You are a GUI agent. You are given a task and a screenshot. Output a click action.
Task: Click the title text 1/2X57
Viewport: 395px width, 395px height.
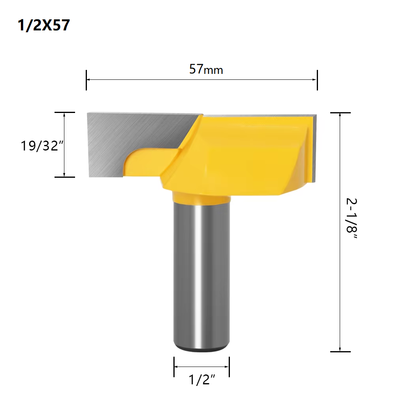point(44,25)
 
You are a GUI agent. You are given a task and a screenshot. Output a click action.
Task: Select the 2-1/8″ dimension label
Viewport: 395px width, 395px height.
point(351,221)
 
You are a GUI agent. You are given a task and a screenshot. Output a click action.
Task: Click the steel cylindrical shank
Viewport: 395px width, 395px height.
point(201,276)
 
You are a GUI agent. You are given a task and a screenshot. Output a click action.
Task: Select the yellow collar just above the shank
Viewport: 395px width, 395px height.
point(201,197)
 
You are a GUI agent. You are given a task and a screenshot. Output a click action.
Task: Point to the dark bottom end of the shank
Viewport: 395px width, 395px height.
point(201,350)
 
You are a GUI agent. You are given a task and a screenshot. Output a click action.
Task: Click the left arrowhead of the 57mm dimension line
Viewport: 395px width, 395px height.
point(88,79)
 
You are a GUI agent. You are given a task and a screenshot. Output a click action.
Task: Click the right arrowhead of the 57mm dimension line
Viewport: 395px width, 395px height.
point(316,79)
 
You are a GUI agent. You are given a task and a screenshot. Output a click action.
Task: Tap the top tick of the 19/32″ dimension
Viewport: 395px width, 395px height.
point(64,113)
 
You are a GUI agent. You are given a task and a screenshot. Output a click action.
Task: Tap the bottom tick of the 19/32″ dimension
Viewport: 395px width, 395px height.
point(64,177)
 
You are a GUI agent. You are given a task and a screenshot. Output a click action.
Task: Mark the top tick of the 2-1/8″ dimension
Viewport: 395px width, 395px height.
point(340,113)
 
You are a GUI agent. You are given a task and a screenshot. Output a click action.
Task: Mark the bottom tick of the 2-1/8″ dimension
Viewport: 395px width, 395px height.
point(340,351)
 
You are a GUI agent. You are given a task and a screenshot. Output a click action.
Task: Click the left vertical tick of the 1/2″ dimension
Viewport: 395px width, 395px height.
point(174,367)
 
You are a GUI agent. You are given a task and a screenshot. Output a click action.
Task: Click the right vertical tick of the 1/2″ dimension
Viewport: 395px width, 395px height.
point(229,367)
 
